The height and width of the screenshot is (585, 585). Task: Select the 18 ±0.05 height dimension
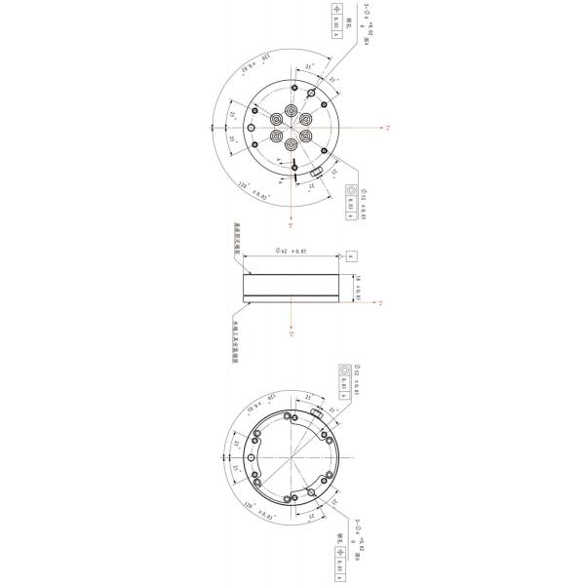point(358,288)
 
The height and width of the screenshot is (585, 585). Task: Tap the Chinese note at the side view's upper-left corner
point(237,236)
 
